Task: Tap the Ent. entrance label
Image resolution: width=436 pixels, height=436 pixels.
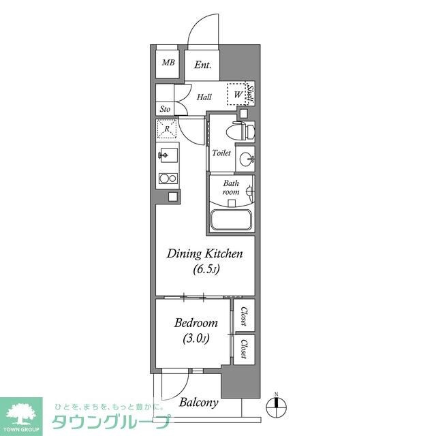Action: tap(203, 65)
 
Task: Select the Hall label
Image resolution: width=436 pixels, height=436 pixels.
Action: tap(204, 97)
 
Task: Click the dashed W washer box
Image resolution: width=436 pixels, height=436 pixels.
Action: tap(236, 95)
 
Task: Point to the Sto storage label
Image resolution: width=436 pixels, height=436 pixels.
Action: tap(165, 109)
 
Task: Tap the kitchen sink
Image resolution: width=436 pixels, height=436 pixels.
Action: tap(166, 155)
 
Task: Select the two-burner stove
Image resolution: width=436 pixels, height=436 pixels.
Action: tap(167, 179)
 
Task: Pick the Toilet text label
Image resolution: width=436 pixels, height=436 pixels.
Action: tap(221, 153)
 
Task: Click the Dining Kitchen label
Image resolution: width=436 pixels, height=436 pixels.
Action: tap(205, 254)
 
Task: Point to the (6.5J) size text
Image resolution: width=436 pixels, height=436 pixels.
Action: tap(205, 270)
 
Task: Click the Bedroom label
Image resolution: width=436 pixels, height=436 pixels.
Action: tap(196, 323)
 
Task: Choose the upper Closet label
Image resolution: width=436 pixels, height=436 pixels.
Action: tap(243, 315)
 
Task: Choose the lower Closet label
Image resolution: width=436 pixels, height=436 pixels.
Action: tap(243, 348)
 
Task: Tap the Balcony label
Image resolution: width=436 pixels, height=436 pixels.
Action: tap(199, 403)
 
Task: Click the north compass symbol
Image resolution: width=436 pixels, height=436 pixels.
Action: tap(276, 407)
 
